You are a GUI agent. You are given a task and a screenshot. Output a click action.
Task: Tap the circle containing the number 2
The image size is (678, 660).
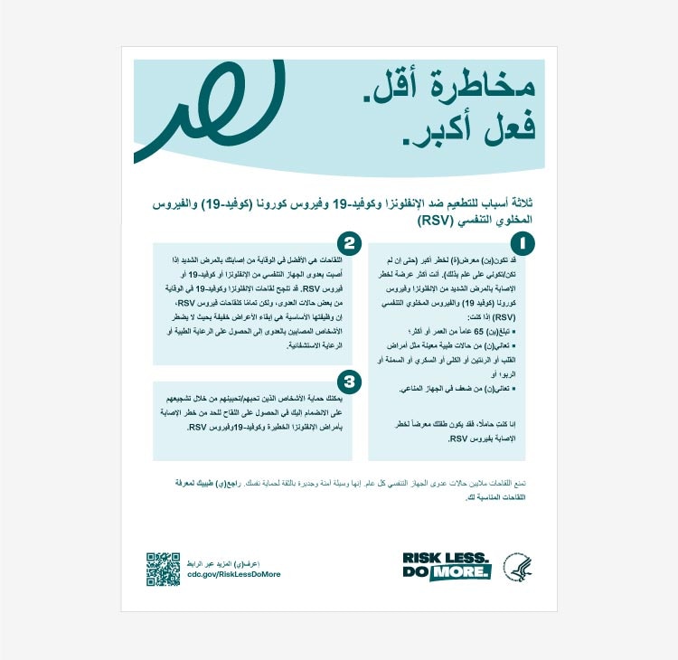350,243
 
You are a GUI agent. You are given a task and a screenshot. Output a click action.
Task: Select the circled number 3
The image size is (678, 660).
350,382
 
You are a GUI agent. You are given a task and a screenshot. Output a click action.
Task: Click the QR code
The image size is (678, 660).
164,569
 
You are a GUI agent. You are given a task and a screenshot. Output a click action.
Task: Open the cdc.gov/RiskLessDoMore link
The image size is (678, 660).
234,575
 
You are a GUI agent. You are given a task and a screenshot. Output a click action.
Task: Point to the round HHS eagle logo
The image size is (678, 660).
518,567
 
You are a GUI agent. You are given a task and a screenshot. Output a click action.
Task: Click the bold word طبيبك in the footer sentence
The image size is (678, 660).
218,483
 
